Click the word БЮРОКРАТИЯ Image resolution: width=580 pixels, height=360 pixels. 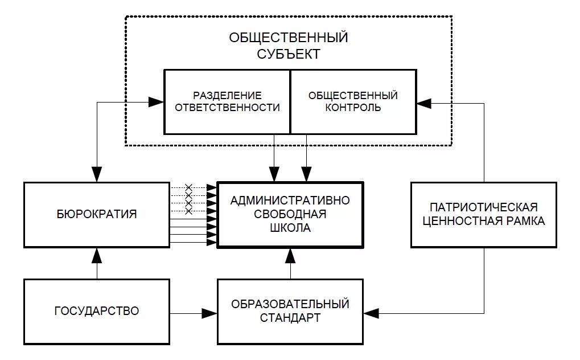pyautogui.click(x=97, y=214)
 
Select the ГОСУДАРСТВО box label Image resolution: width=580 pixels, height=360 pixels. pyautogui.click(x=97, y=312)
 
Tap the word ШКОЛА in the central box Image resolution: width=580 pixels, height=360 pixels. pyautogui.click(x=290, y=228)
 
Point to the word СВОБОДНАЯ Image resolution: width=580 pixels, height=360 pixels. pyautogui.click(x=290, y=214)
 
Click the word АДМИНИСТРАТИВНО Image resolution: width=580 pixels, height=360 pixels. pyautogui.click(x=290, y=201)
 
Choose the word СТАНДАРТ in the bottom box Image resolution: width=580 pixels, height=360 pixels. pyautogui.click(x=290, y=318)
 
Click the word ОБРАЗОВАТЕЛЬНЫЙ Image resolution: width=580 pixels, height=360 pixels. pyautogui.click(x=290, y=304)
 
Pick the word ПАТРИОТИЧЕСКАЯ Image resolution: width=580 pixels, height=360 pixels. pyautogui.click(x=484, y=207)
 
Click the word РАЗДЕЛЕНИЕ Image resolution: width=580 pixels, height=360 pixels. pyautogui.click(x=227, y=95)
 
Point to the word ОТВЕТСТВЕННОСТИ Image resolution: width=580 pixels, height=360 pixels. pyautogui.click(x=227, y=107)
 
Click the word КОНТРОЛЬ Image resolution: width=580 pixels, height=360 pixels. pyautogui.click(x=353, y=107)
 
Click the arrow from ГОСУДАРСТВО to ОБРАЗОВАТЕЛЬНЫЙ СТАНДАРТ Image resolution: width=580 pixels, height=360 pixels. pyautogui.click(x=194, y=312)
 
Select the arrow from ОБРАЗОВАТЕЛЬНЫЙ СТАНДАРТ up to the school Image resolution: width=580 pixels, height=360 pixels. pyautogui.click(x=290, y=263)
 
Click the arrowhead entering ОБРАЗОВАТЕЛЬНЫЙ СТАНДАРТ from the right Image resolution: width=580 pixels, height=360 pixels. pyautogui.click(x=371, y=312)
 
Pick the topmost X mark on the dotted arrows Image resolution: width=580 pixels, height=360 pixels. pyautogui.click(x=189, y=187)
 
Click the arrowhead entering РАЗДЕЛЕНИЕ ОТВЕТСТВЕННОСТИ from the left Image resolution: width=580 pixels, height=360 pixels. pyautogui.click(x=157, y=103)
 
